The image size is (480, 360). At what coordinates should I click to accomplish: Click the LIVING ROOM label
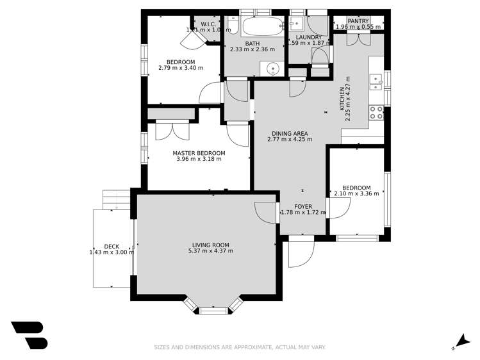[x=210, y=244]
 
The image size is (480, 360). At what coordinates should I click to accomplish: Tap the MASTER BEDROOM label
[x=199, y=153]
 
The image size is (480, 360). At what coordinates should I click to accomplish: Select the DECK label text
[x=112, y=246]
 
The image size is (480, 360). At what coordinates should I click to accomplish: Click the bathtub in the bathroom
[x=262, y=28]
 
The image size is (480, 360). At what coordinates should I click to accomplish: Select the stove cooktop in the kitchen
[x=376, y=113]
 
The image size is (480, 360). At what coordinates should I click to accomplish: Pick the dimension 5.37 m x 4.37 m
[x=210, y=251]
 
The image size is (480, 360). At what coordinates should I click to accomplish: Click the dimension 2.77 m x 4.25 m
[x=290, y=139]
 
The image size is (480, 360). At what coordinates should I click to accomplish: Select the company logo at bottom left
[x=29, y=334]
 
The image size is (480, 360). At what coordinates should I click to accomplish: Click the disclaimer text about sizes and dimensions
[x=240, y=347]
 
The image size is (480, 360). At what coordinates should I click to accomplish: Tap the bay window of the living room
[x=211, y=307]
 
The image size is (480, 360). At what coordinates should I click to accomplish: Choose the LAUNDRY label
[x=308, y=37]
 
